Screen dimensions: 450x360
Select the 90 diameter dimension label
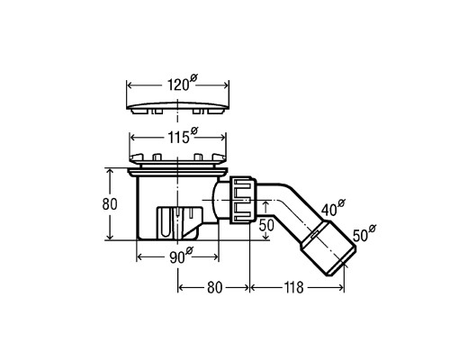tap(182, 256)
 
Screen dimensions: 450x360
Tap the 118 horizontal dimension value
tap(293, 288)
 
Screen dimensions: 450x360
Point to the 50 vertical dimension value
tap(266, 225)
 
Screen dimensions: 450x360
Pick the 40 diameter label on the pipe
tap(333, 208)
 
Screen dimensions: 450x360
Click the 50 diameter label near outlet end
tap(364, 233)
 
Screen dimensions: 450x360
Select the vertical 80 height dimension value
tap(110, 204)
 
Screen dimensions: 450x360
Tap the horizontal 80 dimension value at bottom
tap(214, 288)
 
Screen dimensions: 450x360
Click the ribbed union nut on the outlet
tap(243, 200)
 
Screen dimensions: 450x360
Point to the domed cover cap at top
tap(178, 108)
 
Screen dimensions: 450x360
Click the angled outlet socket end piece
tap(328, 248)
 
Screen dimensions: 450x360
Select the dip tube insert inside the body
tap(179, 222)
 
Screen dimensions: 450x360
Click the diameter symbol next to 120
tap(193, 78)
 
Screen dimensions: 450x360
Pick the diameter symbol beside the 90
tap(190, 250)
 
